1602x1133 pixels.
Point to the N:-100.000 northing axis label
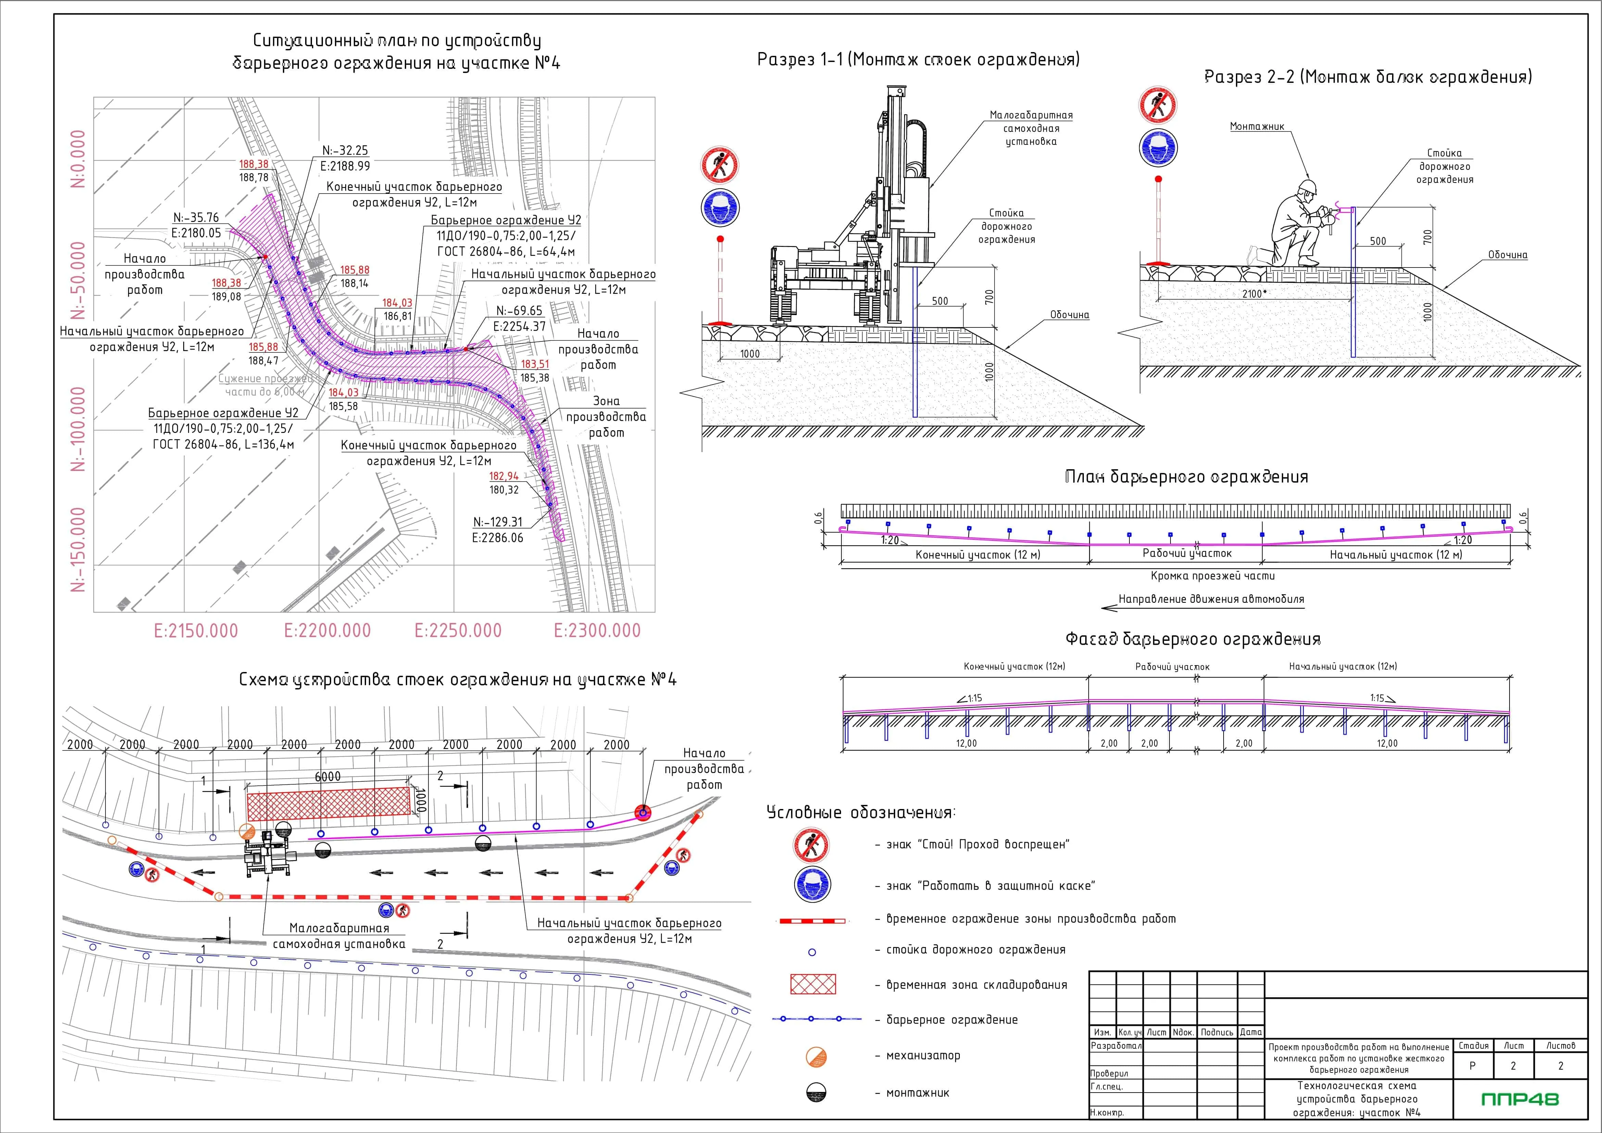(x=79, y=429)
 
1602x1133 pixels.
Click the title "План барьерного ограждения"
(x=1186, y=477)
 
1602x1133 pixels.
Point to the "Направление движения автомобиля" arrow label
(x=1211, y=599)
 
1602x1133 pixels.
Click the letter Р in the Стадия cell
(x=1472, y=1066)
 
